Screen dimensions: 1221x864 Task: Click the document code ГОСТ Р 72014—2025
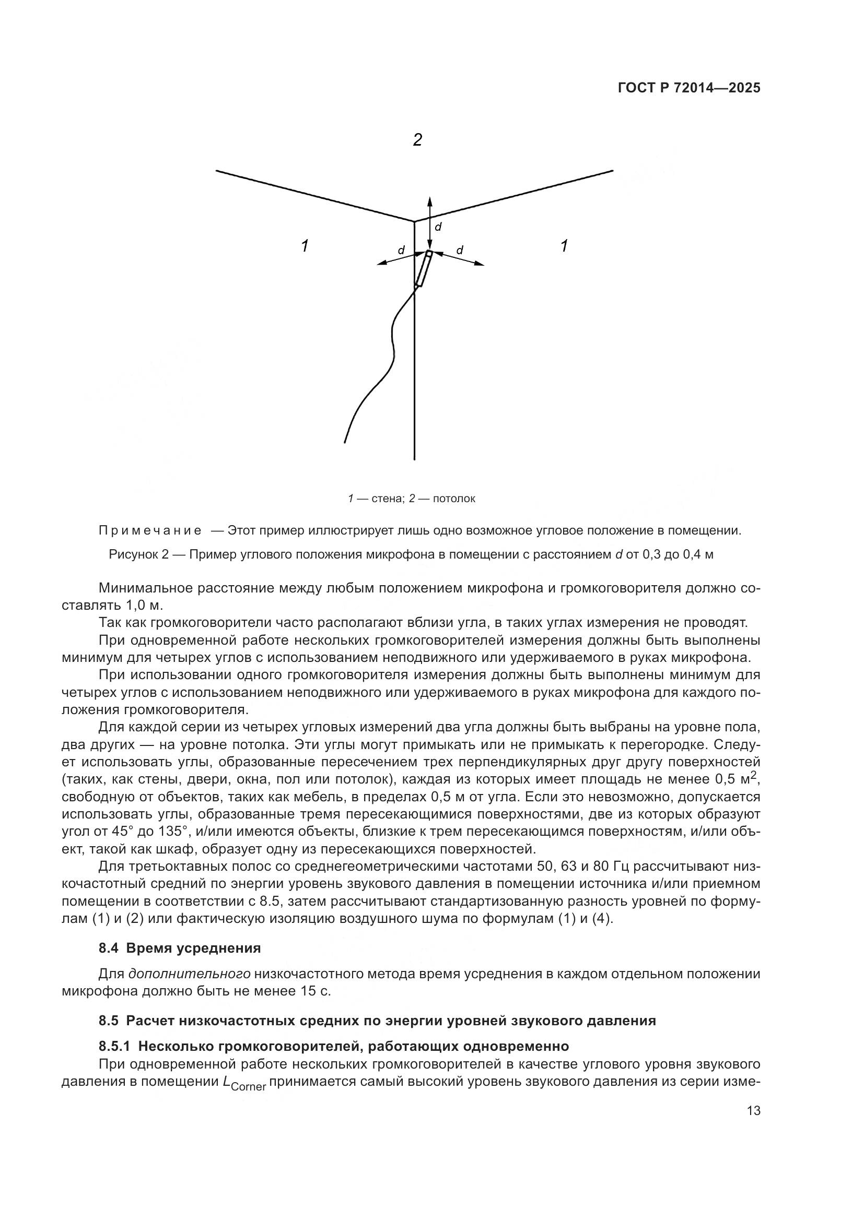coord(689,88)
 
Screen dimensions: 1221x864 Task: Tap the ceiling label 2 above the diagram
coord(418,140)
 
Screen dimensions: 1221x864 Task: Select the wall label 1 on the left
coord(305,246)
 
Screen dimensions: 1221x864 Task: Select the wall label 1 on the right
coord(564,246)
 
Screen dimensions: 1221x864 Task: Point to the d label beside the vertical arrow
coord(438,227)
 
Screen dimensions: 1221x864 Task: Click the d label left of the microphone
coord(401,250)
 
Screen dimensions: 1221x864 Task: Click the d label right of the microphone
coord(460,250)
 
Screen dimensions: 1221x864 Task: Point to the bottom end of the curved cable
coord(345,441)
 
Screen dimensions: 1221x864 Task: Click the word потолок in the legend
coord(454,499)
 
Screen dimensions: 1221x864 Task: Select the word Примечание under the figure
coord(150,531)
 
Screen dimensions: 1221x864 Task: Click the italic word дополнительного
coord(190,974)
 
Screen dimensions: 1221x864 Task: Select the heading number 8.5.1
coord(114,1046)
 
